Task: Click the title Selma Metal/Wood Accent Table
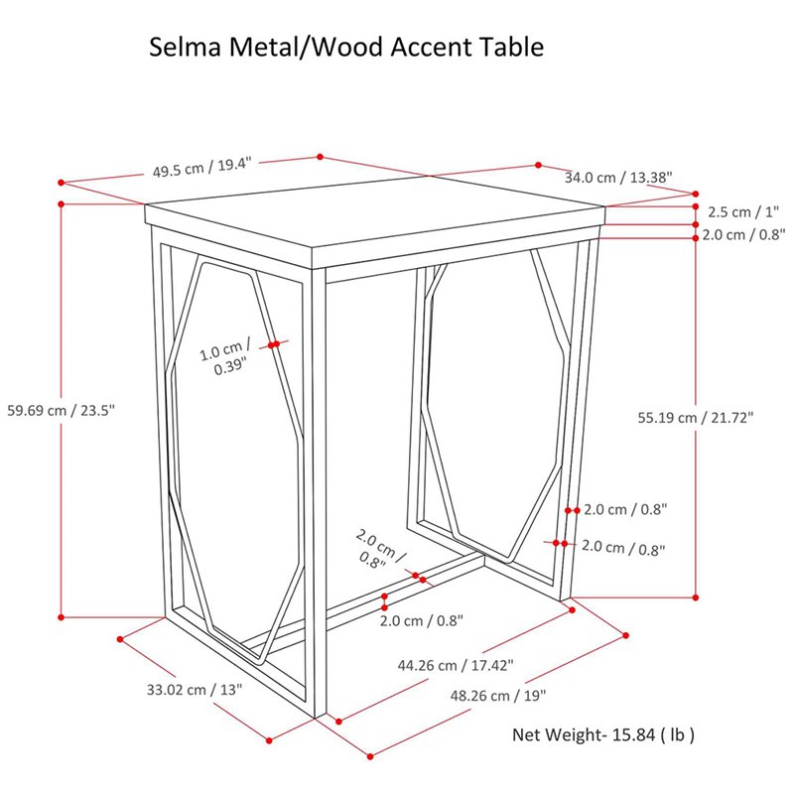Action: point(346,47)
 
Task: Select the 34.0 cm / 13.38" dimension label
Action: point(618,178)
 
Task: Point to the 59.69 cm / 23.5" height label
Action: point(62,410)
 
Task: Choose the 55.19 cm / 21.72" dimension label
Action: point(695,418)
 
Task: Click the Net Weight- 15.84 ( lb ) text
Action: point(603,735)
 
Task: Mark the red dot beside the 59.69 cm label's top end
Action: point(62,204)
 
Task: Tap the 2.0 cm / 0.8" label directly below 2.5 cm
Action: point(743,235)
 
